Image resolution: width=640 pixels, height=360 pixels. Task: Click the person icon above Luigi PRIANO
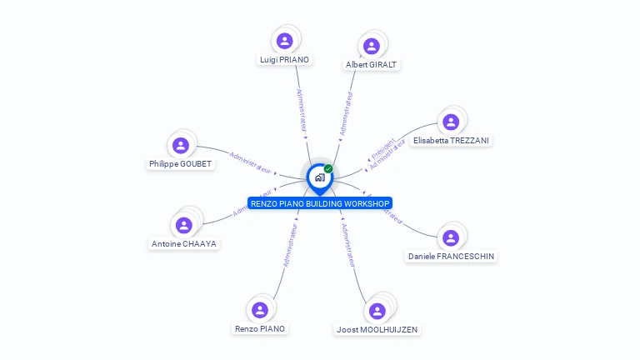click(285, 40)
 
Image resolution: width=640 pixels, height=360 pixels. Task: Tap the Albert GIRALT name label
click(372, 64)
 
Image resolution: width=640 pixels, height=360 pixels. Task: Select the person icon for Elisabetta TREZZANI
click(451, 122)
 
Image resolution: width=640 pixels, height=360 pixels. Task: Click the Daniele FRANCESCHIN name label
click(451, 257)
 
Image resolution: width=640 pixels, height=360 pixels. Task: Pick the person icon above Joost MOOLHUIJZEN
click(377, 311)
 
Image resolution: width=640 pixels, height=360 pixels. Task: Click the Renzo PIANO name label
click(260, 329)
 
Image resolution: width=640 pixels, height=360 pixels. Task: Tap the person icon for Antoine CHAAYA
click(185, 225)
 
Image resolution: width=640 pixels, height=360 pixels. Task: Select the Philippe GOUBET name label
click(181, 164)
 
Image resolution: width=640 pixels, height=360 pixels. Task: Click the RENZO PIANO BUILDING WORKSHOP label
click(320, 203)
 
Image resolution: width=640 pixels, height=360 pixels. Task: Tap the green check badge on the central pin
click(328, 169)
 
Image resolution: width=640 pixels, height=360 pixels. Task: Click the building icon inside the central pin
click(319, 177)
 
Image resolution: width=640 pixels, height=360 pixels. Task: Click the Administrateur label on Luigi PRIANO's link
click(302, 111)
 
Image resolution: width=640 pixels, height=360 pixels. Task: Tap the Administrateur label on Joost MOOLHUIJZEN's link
click(348, 245)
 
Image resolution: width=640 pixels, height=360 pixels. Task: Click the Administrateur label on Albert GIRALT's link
click(345, 113)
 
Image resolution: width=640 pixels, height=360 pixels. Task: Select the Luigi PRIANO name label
click(285, 60)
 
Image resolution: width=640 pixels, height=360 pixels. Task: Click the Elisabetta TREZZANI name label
click(451, 141)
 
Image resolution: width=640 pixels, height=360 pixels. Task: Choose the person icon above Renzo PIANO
click(260, 310)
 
